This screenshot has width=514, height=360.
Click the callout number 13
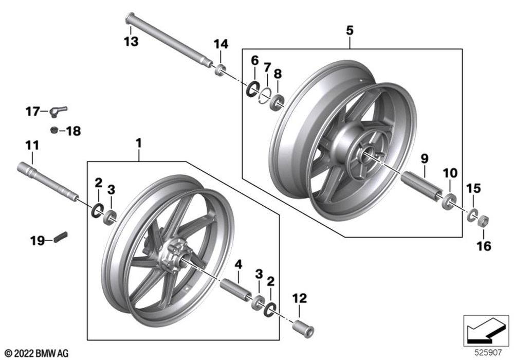point(131,42)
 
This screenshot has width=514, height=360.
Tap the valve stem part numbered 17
point(61,110)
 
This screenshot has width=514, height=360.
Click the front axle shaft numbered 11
point(46,179)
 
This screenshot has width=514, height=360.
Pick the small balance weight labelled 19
point(61,237)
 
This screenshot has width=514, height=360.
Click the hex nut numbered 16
point(483,222)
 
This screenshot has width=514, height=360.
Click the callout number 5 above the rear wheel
point(350,30)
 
